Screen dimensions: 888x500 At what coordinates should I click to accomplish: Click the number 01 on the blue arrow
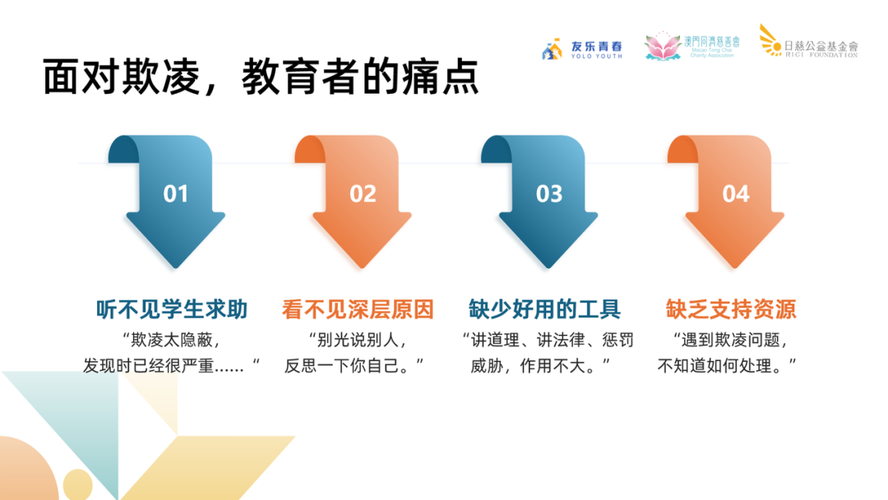coord(176,194)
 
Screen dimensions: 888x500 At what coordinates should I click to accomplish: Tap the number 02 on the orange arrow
coord(363,194)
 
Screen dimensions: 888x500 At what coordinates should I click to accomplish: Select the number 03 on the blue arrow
coord(549,194)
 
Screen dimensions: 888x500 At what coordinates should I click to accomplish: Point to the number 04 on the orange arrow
coord(736,194)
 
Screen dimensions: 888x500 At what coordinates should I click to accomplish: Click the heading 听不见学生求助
coord(172,310)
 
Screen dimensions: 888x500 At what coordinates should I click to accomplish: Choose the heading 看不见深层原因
coord(358,310)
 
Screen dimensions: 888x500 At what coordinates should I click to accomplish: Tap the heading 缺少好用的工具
coord(544,310)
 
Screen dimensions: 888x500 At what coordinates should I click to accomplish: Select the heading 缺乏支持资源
coord(731,310)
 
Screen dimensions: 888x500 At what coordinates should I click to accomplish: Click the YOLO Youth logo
coord(582,49)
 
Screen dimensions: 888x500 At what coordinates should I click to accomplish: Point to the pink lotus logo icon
coord(662,47)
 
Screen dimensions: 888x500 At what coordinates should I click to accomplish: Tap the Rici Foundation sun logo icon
coord(770,40)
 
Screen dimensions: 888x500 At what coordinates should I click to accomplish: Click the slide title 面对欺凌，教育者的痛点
coord(261,78)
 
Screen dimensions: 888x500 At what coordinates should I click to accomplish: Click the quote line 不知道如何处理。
coord(728,364)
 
